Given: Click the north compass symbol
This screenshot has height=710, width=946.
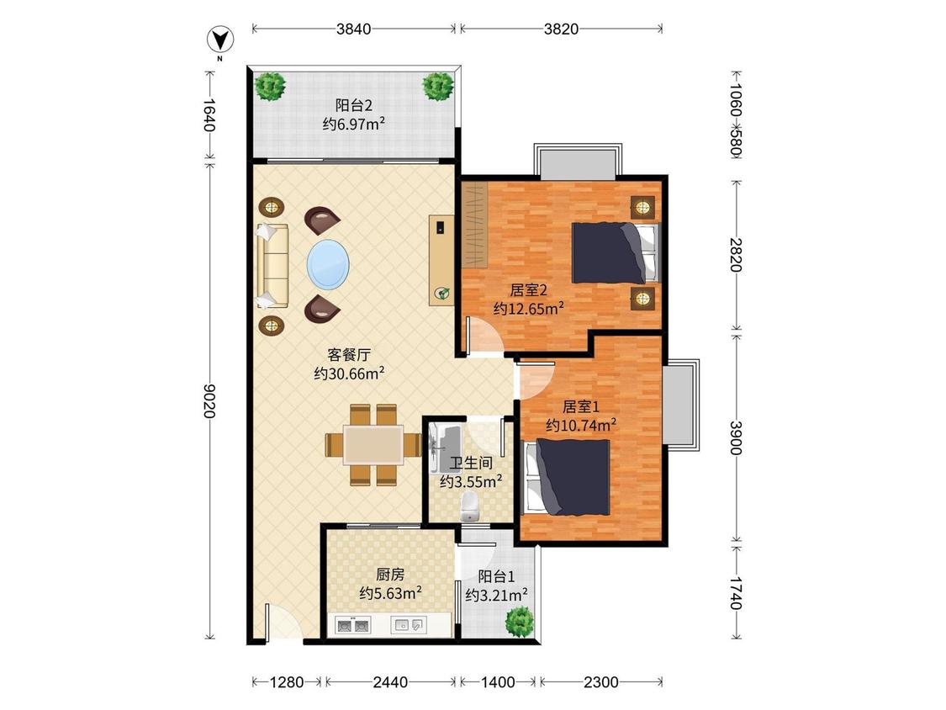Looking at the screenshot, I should click(220, 40).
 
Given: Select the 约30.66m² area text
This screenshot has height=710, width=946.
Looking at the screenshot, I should click(349, 373).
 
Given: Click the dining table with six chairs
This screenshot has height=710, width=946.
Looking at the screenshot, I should click(373, 444).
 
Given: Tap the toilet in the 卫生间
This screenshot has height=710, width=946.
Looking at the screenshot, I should click(470, 505).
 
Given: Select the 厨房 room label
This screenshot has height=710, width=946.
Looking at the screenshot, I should click(390, 575).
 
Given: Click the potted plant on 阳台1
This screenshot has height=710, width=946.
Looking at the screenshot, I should click(521, 622).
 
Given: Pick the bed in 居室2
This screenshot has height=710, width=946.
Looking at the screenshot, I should click(615, 252).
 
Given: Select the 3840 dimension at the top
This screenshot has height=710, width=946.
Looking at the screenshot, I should click(353, 29).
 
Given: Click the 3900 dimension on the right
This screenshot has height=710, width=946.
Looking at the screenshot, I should click(736, 437).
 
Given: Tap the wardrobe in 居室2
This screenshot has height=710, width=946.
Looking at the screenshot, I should click(474, 227).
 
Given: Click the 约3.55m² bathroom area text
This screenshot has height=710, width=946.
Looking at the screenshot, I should click(471, 481).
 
